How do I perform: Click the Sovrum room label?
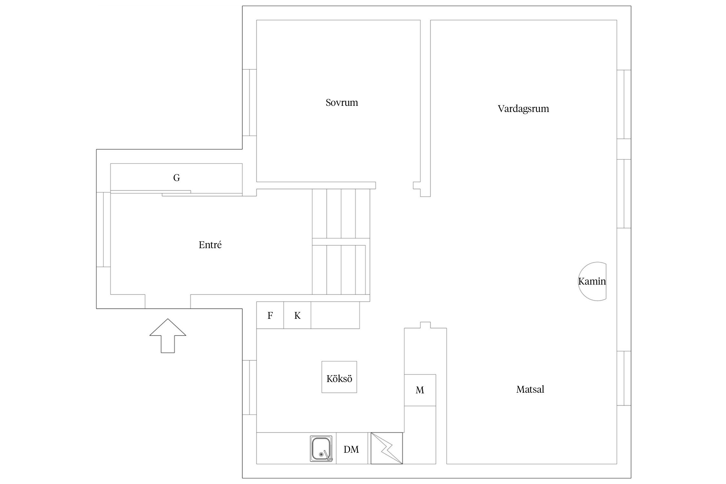coord(342,103)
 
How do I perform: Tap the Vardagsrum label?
coord(523,109)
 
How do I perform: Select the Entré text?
coord(210,245)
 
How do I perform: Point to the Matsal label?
coord(530,389)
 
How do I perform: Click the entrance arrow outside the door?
coord(168,336)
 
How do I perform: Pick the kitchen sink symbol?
coord(321,449)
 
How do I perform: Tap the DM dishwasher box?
coord(352,448)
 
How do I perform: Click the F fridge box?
coord(270,315)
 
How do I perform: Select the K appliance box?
coord(297,315)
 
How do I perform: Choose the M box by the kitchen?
coord(420,390)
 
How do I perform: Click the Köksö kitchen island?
coord(339,377)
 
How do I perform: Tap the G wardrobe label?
coord(176,178)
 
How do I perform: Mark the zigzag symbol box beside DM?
coord(387,448)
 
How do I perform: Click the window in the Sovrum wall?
coord(249,103)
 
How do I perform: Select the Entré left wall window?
coord(103,229)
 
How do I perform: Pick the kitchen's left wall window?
coord(249,387)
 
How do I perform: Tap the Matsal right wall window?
coord(624,378)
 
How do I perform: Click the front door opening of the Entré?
coord(167,301)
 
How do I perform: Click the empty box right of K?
coord(335,315)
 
